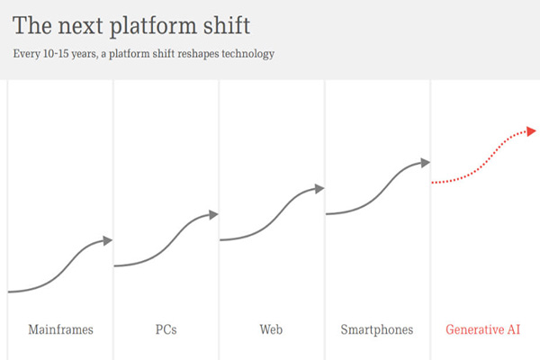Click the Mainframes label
point(60,329)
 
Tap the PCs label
point(166,329)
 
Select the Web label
point(271,329)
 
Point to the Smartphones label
point(377,329)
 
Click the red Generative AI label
point(483,329)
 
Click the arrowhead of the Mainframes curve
point(108,240)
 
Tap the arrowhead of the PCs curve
point(213,214)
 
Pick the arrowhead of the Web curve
point(319,188)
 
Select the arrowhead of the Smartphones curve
point(425,163)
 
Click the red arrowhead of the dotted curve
point(532,132)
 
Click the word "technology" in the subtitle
point(243,54)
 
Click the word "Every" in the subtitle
point(25,54)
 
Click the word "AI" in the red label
point(512,329)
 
